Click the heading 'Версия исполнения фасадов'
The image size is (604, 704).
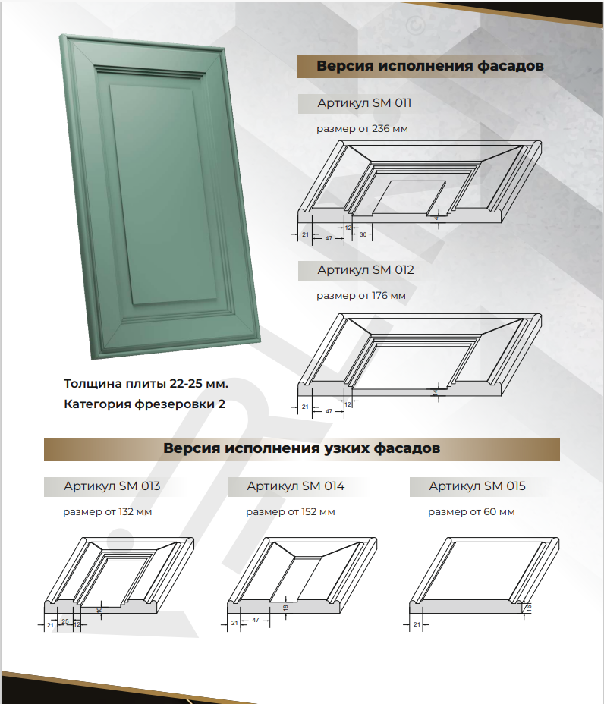coord(429,66)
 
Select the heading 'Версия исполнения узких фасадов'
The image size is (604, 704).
coord(302,448)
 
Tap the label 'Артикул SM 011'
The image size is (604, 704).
coord(364,103)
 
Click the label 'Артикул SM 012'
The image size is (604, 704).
coord(366,270)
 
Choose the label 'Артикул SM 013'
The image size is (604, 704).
coord(112,486)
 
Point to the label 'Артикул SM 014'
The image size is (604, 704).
coord(295,486)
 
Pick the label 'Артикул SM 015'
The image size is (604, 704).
coord(477,486)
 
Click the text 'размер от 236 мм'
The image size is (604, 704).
coord(362,129)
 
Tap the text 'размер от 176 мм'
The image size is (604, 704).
coord(361,296)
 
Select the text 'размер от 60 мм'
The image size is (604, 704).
coord(471,512)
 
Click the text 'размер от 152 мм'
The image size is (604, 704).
coord(290,512)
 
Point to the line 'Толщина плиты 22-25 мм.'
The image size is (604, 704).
coord(146,384)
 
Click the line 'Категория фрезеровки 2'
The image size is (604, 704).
coord(144,404)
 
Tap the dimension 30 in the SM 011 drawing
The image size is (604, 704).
coord(363,234)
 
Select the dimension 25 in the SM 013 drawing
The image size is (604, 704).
coord(65,622)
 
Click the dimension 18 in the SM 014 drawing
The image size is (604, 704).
coord(285,608)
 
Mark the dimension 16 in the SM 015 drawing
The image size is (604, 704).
coord(529,608)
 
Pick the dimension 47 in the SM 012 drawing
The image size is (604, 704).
coord(329,411)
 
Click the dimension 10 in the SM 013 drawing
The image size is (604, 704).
coord(99,609)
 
